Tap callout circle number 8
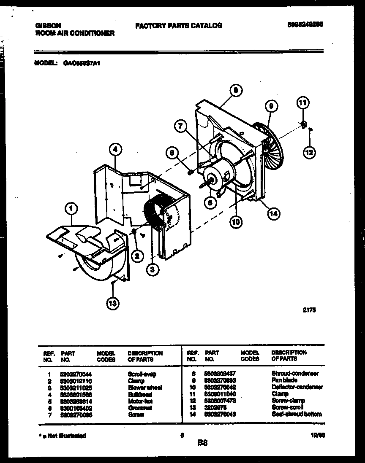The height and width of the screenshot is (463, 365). click(236, 89)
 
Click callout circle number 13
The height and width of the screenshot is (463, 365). click(113, 302)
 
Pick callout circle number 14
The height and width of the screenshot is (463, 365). click(273, 214)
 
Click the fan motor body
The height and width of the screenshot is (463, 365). click(215, 173)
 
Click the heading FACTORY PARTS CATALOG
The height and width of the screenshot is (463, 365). click(179, 26)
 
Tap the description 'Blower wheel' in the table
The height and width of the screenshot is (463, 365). click(144, 388)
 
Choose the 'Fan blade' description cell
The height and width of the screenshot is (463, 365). click(284, 380)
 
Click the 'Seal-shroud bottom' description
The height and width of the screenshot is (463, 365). click(297, 415)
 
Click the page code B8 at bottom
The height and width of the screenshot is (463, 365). click(202, 443)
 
